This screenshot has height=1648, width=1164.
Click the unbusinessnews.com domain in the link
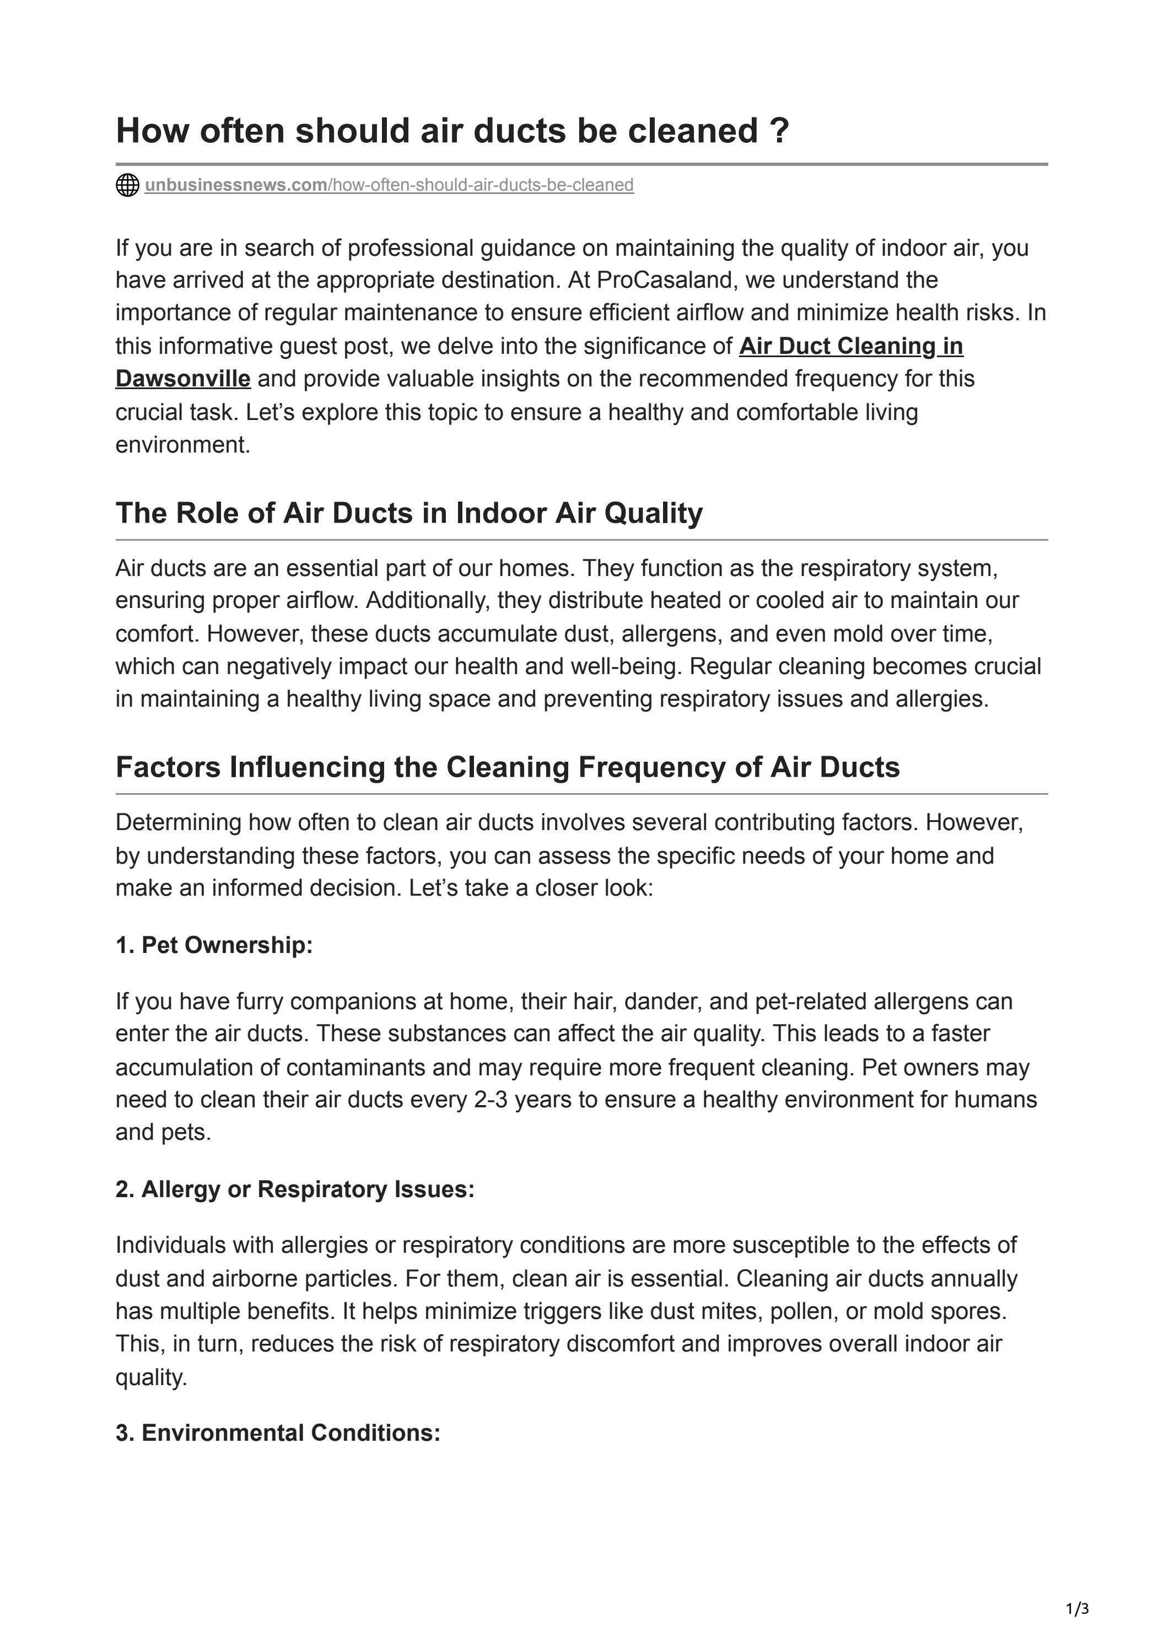pyautogui.click(x=235, y=185)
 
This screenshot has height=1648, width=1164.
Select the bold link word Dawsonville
pyautogui.click(x=183, y=378)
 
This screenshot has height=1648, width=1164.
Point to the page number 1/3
pyautogui.click(x=1077, y=1609)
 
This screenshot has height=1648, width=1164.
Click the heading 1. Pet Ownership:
pyautogui.click(x=214, y=945)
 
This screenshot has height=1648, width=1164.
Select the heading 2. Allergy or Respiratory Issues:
pyautogui.click(x=295, y=1189)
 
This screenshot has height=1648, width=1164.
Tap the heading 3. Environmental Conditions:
pyautogui.click(x=278, y=1432)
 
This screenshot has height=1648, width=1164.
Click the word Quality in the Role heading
pyautogui.click(x=653, y=513)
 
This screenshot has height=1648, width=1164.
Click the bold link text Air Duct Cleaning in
pyautogui.click(x=850, y=346)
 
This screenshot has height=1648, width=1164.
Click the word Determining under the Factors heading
pyautogui.click(x=178, y=822)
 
